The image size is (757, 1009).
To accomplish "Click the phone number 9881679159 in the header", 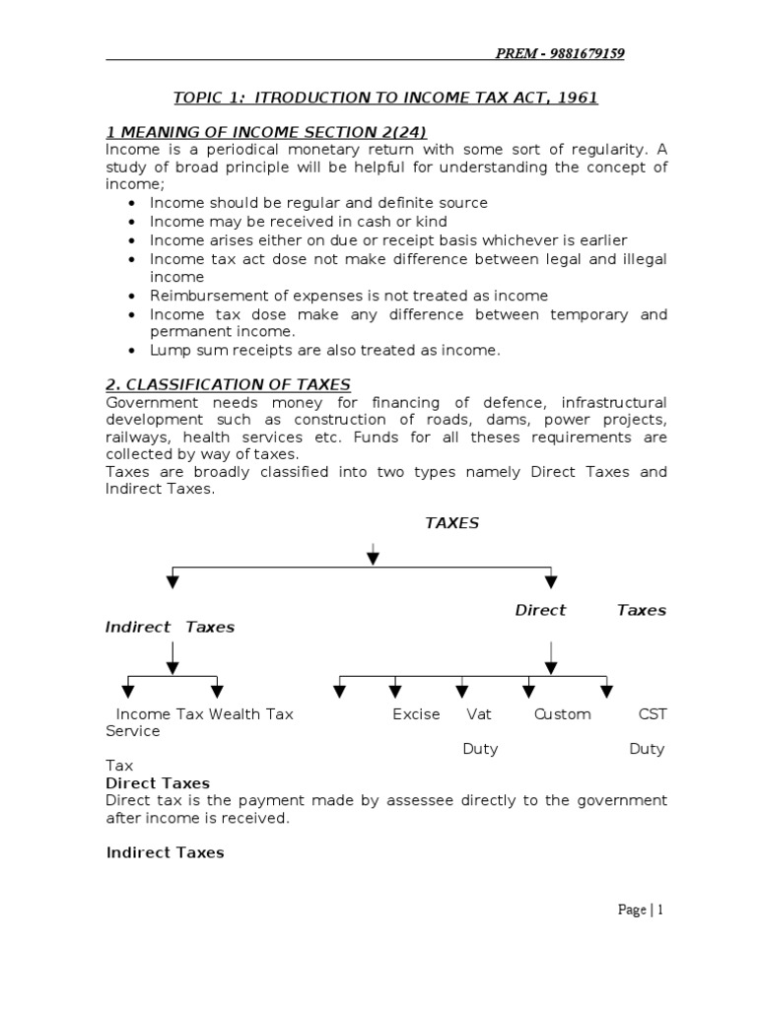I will (585, 53).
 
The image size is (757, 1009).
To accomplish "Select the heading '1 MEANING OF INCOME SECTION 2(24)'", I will (266, 133).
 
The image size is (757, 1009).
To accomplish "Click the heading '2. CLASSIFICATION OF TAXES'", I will (228, 384).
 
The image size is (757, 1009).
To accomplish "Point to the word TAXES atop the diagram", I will (451, 523).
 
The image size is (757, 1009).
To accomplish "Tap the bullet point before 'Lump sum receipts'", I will (133, 351).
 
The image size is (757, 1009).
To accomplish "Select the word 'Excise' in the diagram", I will (416, 713).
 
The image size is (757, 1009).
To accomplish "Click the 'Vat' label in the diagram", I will (479, 713).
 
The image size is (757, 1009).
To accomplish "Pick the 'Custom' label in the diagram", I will (563, 713).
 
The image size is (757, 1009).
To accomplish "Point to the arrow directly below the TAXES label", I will (373, 554).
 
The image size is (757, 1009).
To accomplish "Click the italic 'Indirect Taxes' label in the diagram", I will (170, 627).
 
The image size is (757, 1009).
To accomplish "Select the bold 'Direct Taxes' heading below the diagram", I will (158, 783).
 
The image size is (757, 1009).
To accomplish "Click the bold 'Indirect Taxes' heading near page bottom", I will (165, 852).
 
